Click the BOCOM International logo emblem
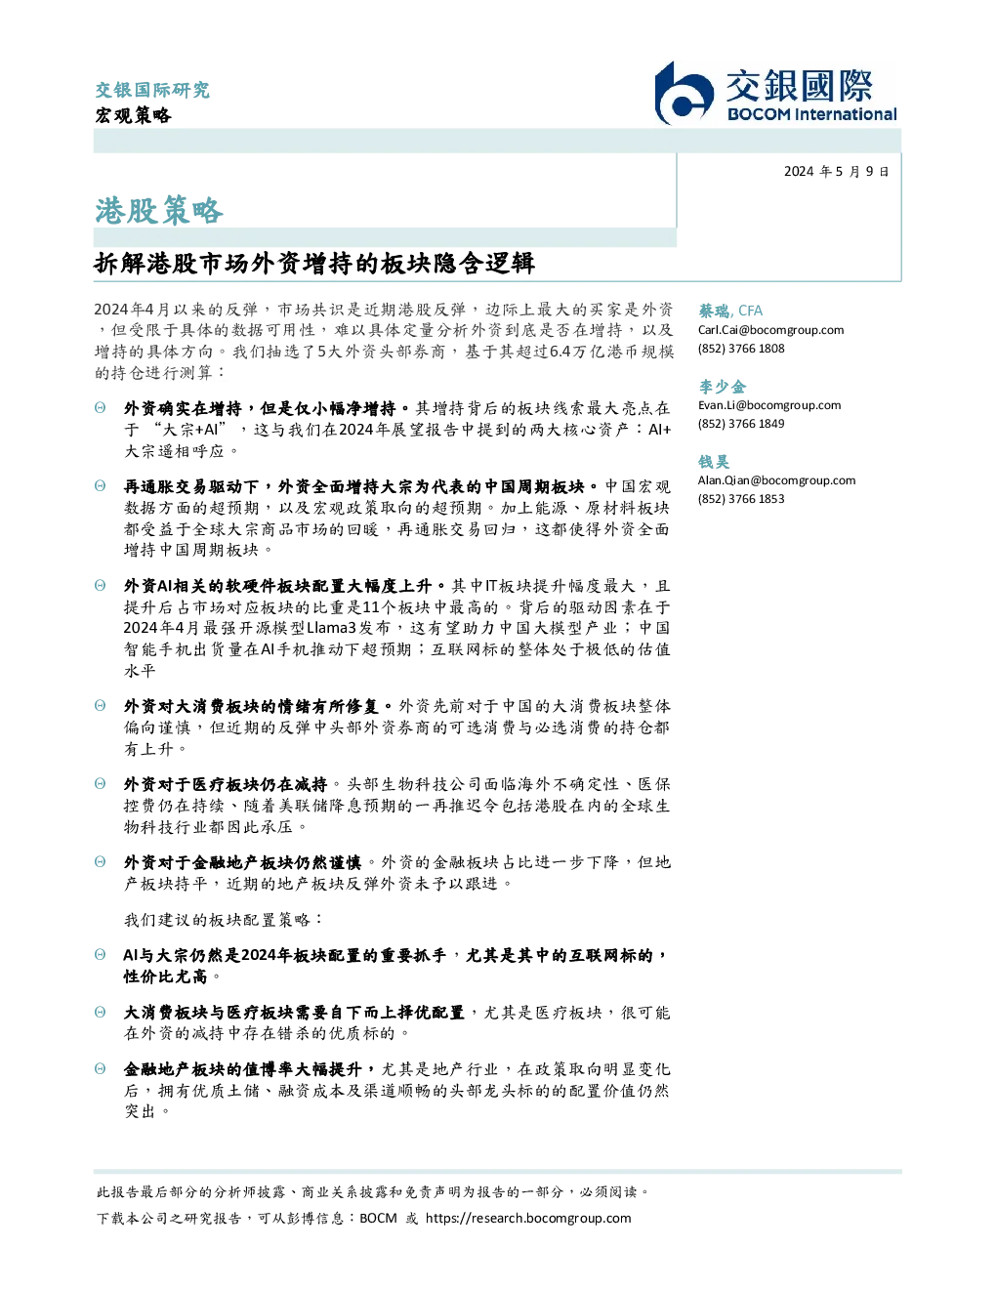[x=684, y=93]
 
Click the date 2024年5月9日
[x=836, y=172]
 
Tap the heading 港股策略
[x=159, y=211]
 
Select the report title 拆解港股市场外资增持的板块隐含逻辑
[x=314, y=264]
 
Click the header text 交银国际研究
[x=152, y=90]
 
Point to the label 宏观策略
[x=134, y=115]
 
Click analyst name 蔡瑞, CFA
[x=730, y=311]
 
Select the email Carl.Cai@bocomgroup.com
[x=770, y=330]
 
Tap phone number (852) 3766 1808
[x=741, y=349]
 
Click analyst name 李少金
[x=722, y=387]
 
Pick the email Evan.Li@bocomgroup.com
[x=769, y=405]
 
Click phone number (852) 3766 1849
[x=741, y=424]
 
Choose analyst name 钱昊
[x=714, y=462]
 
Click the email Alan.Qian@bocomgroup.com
[x=776, y=479]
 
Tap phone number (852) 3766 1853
[x=741, y=499]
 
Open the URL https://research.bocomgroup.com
[x=528, y=1219]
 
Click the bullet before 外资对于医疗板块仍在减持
[x=101, y=784]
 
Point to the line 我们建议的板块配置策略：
[x=224, y=920]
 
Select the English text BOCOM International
[x=811, y=114]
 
